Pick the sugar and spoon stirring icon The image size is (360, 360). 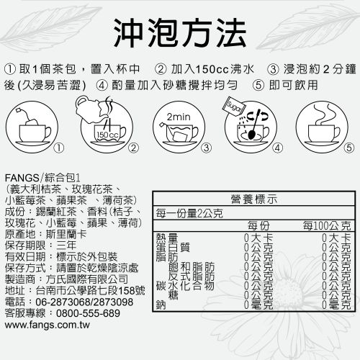(251, 123)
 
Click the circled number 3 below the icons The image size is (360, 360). (207, 148)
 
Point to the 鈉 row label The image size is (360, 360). (160, 306)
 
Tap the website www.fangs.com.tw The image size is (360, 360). (52, 325)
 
